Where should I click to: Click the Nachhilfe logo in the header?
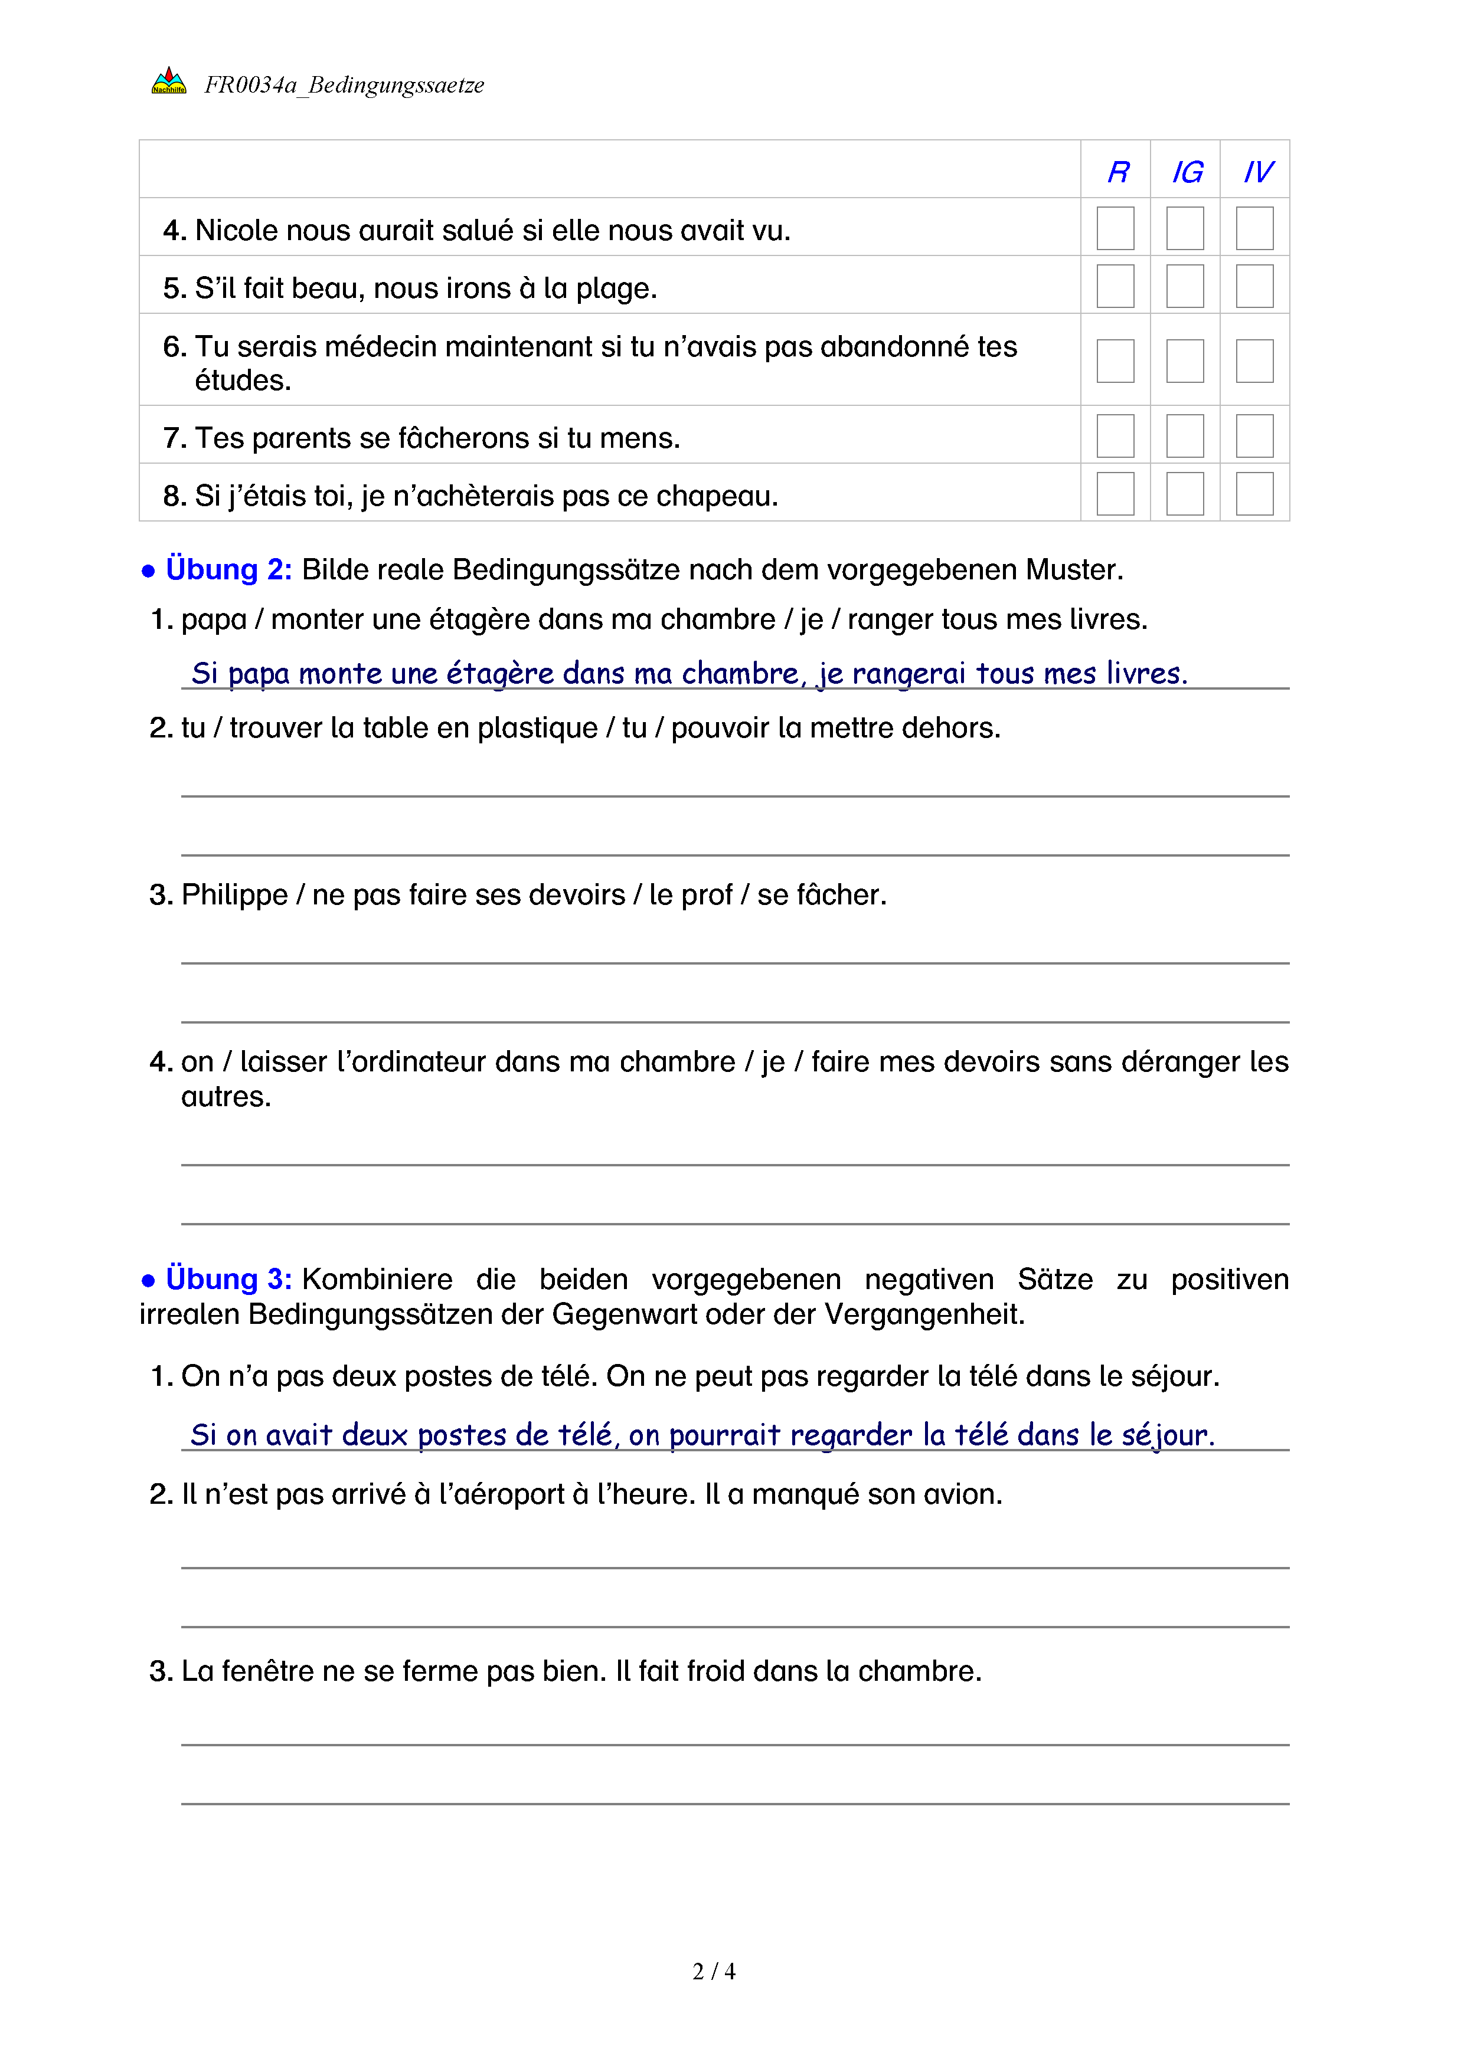(169, 82)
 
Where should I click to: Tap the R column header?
(1118, 172)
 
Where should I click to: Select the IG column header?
(1187, 172)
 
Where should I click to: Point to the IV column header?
(1257, 172)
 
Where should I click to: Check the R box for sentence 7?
(1115, 436)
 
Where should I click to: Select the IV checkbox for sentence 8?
(1254, 494)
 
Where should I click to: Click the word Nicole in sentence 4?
(236, 231)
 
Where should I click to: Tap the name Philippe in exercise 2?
(234, 895)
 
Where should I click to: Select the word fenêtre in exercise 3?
(268, 1671)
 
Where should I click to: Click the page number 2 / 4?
(713, 1972)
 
